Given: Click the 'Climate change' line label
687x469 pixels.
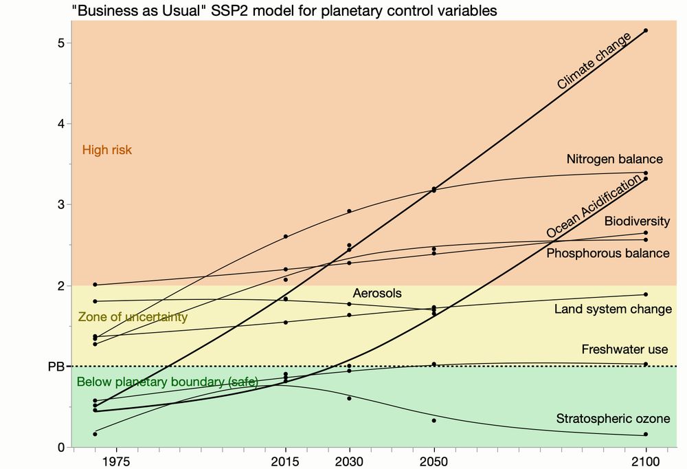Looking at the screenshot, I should (x=594, y=62).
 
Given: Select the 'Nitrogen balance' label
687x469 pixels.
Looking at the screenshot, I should (x=614, y=159).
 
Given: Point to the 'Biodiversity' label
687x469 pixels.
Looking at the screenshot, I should (x=636, y=221).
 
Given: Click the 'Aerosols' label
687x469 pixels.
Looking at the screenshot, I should (x=376, y=293).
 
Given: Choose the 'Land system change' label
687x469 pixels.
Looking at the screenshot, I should (x=613, y=309).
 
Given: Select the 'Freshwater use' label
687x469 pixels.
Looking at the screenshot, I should (x=624, y=349).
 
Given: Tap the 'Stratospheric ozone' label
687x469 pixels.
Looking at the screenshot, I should (x=612, y=419).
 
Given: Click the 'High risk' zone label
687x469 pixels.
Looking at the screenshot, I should (x=106, y=149).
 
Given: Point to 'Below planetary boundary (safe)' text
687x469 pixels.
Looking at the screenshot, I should (x=167, y=382).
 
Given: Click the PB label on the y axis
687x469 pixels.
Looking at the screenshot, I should (x=56, y=367).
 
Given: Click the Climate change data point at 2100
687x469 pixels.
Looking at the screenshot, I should (x=646, y=31).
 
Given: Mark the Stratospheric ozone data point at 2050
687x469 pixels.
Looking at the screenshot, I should (x=433, y=420).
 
